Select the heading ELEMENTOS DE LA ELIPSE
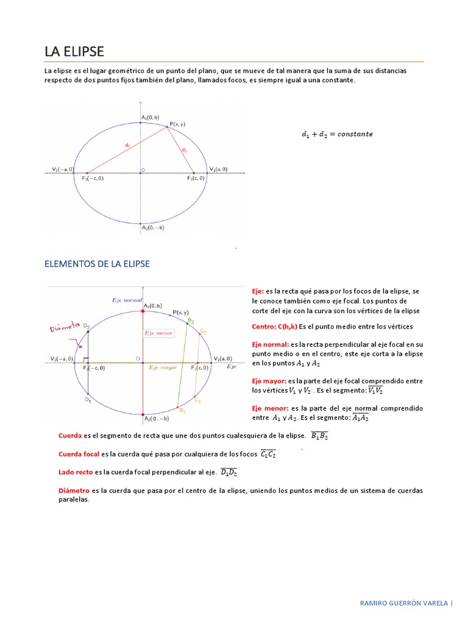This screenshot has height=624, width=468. (97, 264)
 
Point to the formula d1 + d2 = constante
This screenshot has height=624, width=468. (337, 134)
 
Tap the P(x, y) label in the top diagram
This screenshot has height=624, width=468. (177, 124)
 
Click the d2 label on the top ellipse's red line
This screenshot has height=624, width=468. (127, 145)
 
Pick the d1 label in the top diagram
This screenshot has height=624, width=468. (184, 149)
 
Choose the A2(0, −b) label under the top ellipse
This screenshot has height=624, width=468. (153, 227)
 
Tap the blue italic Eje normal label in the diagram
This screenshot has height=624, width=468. (126, 300)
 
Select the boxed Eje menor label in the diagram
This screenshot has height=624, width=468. (158, 333)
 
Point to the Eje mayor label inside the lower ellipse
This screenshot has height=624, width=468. (163, 368)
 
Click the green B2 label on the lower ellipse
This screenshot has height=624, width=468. (191, 320)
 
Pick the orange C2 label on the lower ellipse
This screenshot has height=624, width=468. (203, 332)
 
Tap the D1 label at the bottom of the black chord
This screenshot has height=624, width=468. (88, 400)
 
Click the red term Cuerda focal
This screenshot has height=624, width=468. (79, 454)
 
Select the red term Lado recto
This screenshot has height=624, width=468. (76, 472)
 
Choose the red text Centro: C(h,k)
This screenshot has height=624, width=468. (274, 327)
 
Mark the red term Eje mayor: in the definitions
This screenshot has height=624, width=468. (269, 381)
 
